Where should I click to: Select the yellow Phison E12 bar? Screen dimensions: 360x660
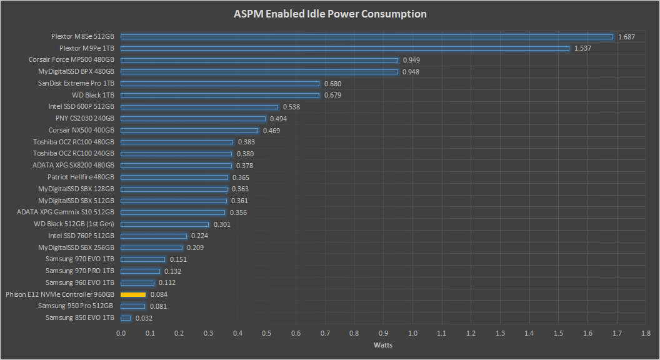[x=133, y=294]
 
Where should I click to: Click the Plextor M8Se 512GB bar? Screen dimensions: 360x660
[x=367, y=36]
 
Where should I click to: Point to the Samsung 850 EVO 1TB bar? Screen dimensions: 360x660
[x=126, y=318]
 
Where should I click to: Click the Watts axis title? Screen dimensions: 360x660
[x=382, y=345]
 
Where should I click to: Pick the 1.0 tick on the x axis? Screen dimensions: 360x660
[x=412, y=333]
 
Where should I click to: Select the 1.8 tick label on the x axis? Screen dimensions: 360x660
[x=646, y=333]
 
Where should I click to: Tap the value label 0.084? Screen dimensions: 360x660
[x=159, y=294]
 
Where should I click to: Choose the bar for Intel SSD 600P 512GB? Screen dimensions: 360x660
[x=199, y=107]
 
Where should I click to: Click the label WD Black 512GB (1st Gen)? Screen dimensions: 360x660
[x=74, y=224]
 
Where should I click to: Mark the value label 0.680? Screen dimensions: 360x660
[x=332, y=84]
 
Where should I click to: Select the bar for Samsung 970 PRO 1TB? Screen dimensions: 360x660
[x=140, y=271]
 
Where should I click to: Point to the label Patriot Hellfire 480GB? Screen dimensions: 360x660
[x=81, y=177]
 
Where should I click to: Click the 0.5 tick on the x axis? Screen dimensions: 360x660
[x=267, y=333]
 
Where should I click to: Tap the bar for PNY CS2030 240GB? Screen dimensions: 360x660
[x=193, y=119]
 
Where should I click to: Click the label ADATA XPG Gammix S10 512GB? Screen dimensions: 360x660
[x=66, y=212]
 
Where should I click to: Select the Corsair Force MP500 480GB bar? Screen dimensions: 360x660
[x=259, y=60]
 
